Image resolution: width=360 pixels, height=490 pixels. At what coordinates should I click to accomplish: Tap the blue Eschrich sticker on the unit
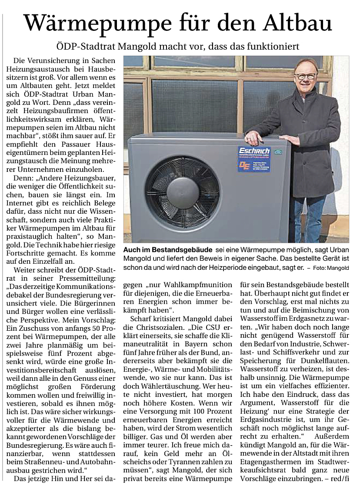[254, 159]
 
